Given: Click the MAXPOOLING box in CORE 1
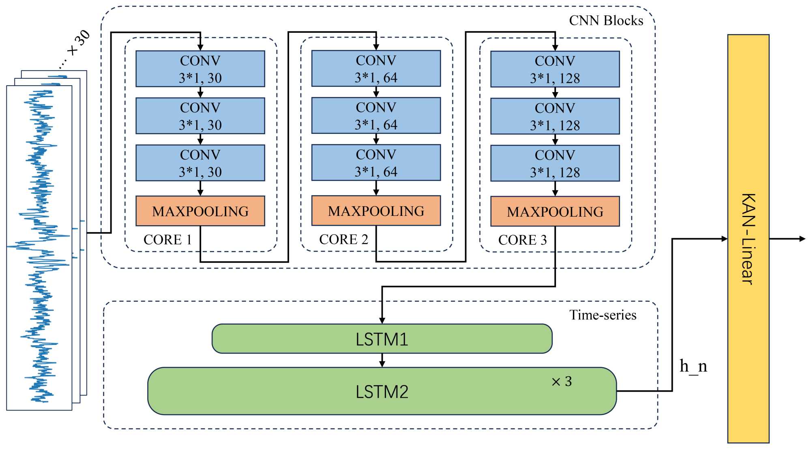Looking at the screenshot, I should [200, 211].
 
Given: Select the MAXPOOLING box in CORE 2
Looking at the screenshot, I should [376, 211].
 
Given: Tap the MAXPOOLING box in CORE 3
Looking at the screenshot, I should [555, 211].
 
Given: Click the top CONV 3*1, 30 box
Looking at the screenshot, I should [200, 69].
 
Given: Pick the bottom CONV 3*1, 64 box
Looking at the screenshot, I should [376, 163].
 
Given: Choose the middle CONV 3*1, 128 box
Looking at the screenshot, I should [555, 116].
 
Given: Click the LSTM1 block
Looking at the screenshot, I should [382, 339].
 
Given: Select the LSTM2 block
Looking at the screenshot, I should [382, 391].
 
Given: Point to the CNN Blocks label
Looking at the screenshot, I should [606, 21].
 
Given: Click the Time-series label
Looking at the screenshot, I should [603, 315].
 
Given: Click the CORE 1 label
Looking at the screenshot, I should [167, 240].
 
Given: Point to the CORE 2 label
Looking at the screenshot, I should [343, 239].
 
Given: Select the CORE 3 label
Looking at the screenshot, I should [522, 240].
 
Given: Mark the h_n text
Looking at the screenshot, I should [693, 366].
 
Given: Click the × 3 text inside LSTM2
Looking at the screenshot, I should [562, 381].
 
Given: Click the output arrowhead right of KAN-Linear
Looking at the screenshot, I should [802, 239].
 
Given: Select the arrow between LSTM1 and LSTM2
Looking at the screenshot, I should [382, 360].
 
